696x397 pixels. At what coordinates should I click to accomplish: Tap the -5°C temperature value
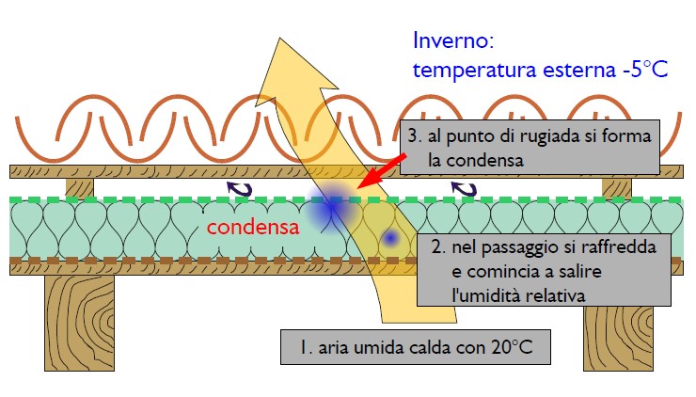tap(645, 70)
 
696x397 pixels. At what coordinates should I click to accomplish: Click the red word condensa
tap(253, 228)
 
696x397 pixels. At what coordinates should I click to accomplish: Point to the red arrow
tap(381, 171)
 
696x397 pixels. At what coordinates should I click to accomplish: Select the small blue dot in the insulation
tap(390, 238)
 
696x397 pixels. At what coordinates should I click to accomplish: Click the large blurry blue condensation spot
tap(331, 207)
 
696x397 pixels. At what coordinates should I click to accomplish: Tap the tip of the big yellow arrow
tap(280, 39)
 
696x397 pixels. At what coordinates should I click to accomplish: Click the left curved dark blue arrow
tap(240, 188)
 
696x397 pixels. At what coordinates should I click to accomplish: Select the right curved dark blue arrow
tap(464, 188)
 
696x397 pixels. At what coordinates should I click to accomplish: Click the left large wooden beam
tap(79, 323)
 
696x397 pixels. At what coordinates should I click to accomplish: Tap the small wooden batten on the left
tap(80, 187)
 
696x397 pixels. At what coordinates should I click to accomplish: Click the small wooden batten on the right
tap(617, 187)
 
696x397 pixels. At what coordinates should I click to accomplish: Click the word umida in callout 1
tap(379, 347)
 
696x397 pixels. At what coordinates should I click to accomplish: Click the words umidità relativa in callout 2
tap(518, 295)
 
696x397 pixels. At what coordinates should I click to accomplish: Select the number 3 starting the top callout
tap(413, 135)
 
